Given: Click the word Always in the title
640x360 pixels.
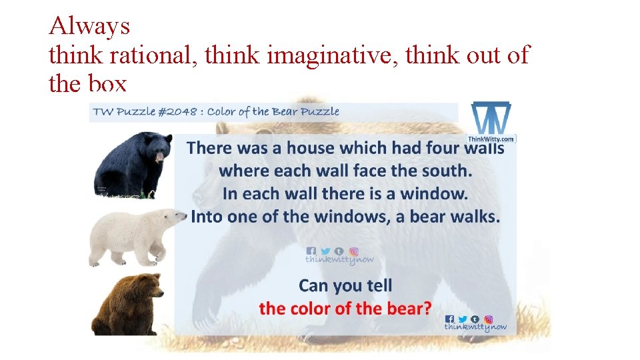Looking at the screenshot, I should coord(89,26).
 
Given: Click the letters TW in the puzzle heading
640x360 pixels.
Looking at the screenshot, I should coord(103,111).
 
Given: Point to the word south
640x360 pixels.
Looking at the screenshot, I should coord(447,171).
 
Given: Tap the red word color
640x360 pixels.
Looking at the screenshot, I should coord(310,309).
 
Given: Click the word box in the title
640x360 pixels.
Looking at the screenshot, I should coord(107,84).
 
